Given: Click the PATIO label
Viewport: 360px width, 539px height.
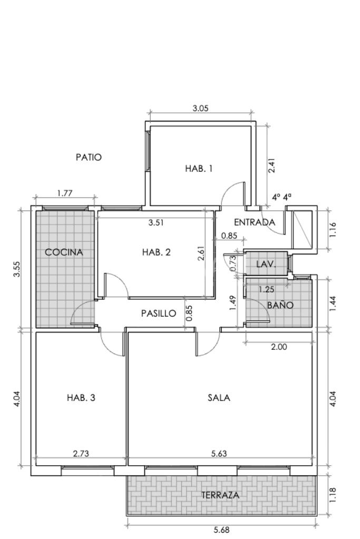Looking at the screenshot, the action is [89, 158].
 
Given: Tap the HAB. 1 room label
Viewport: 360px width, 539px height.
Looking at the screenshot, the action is [199, 169].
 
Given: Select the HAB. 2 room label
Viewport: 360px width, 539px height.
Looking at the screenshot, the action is [156, 252].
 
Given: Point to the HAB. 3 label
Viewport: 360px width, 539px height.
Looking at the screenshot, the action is [81, 398].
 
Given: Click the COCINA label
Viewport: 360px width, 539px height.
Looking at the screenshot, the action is [64, 252].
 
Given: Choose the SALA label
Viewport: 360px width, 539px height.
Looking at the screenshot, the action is [219, 398].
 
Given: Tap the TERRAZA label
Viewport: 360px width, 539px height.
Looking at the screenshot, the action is [220, 495].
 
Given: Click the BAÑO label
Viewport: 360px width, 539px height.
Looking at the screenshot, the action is [280, 305].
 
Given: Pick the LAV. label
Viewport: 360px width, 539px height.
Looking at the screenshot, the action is [266, 264].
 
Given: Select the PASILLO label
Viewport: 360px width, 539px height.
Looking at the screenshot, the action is [159, 313].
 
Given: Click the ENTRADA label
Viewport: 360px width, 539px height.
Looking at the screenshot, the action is [255, 222].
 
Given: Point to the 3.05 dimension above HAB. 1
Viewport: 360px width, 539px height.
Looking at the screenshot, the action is [200, 109].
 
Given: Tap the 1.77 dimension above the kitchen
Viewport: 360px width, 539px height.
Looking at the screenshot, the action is [65, 193].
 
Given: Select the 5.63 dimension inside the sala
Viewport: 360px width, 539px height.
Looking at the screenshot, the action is [219, 454].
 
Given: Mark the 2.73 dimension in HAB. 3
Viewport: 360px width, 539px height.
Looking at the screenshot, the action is [81, 454].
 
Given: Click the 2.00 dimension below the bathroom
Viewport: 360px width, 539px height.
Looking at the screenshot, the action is [279, 347].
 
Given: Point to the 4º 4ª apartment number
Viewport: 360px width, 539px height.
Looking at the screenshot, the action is [281, 197].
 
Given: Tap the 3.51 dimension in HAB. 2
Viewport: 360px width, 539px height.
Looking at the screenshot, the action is [156, 222].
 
